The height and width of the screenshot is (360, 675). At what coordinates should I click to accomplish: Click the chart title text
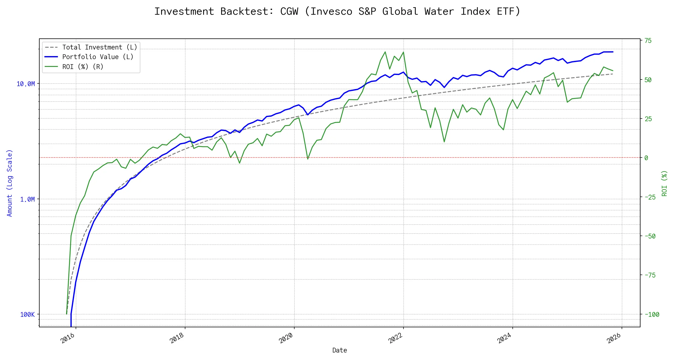[x=337, y=11]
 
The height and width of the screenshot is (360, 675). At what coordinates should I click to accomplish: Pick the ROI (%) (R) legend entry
[x=82, y=67]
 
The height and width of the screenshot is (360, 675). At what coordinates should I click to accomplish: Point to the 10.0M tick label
[x=26, y=84]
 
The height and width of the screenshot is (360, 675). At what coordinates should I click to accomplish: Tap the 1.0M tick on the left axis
[x=27, y=199]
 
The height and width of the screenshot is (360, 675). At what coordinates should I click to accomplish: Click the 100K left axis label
[x=27, y=315]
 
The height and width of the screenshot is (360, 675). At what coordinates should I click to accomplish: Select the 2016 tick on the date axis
[x=68, y=338]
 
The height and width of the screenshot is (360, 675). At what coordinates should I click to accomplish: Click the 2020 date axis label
[x=286, y=338]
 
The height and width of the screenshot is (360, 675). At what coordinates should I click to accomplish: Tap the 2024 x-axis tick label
[x=504, y=338]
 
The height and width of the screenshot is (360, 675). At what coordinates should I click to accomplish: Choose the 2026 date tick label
[x=614, y=338]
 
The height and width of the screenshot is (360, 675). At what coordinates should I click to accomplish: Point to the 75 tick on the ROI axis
[x=648, y=41]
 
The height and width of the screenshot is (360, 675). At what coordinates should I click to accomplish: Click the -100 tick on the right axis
[x=652, y=315]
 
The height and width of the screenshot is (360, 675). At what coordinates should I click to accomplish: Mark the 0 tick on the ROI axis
[x=646, y=158]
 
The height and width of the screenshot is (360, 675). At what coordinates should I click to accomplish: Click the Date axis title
[x=340, y=350]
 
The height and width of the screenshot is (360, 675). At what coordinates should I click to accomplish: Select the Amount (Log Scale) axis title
[x=10, y=183]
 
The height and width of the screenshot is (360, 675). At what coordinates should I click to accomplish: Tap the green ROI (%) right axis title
[x=664, y=183]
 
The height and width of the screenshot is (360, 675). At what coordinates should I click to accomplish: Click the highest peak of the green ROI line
[x=385, y=52]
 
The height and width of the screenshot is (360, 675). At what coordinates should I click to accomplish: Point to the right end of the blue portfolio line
[x=613, y=52]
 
